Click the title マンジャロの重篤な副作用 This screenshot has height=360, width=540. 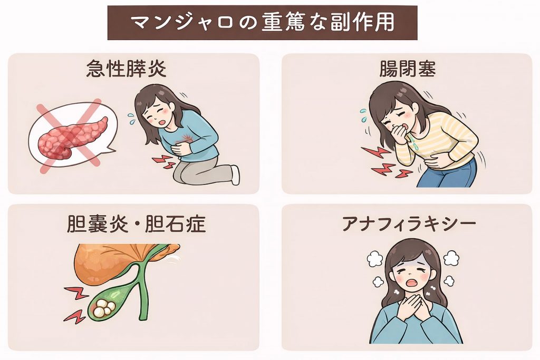coord(263,23)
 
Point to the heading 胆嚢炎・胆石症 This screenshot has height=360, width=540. coord(136,223)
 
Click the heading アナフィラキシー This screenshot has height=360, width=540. coord(409,223)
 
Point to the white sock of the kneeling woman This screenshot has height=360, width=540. coord(235,174)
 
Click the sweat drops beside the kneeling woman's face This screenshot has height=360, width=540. coord(131,119)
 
